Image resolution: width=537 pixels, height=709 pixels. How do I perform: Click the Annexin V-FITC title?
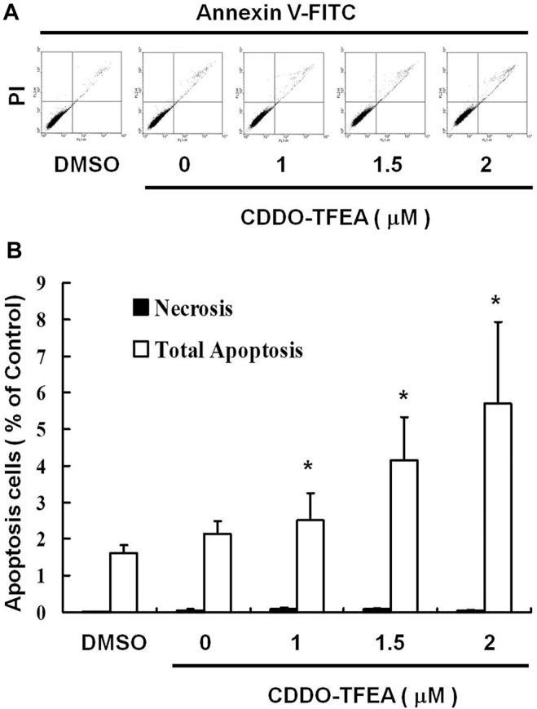(x=276, y=12)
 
